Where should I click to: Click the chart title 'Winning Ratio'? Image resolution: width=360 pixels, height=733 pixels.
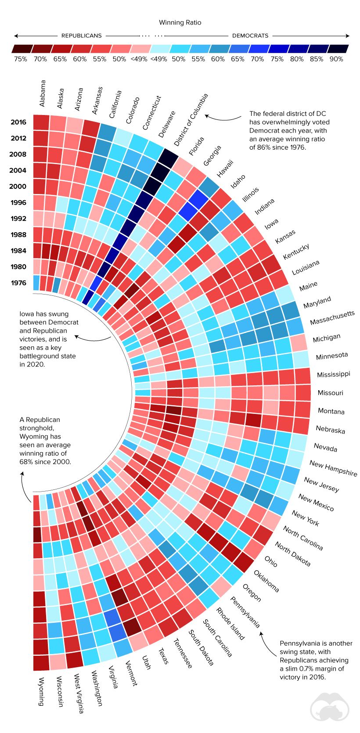[x=180, y=22]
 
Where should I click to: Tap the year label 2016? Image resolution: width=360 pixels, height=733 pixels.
[x=18, y=122]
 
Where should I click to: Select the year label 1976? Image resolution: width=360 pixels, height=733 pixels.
[x=18, y=283]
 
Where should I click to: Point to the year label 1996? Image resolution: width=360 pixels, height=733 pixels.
[x=18, y=202]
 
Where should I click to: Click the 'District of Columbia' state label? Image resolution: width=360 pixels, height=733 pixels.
[x=191, y=120]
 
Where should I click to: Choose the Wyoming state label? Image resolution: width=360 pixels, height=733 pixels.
[x=41, y=691]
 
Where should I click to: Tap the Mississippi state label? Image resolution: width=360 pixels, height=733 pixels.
[x=334, y=374]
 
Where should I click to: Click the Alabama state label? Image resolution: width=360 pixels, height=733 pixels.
[x=42, y=93]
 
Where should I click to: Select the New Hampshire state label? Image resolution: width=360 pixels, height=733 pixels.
[x=333, y=468]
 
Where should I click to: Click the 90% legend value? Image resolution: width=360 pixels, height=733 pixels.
[x=336, y=59]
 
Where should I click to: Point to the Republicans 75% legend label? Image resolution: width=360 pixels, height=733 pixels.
[x=21, y=59]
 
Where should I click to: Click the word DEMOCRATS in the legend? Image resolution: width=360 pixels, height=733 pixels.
[x=250, y=36]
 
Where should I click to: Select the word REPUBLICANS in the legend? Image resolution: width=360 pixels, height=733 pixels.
[x=82, y=36]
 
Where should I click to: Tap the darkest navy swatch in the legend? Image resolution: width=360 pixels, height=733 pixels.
[x=338, y=49]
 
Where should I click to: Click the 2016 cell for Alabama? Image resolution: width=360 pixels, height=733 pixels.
[x=41, y=122]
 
